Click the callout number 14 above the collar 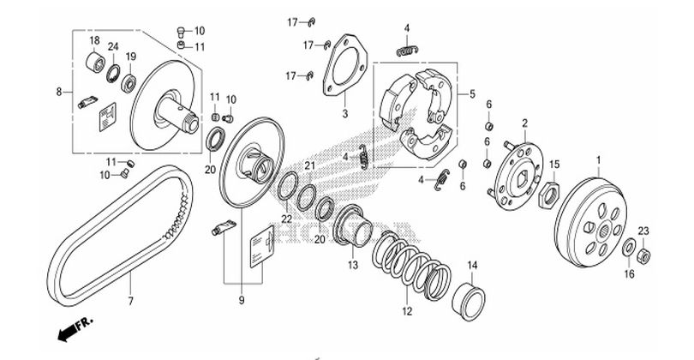[x=470, y=264]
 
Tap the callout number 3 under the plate [x=344, y=112]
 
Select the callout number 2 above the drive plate [x=523, y=124]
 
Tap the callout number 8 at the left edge [x=59, y=90]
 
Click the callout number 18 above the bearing [x=93, y=40]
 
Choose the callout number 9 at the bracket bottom [x=242, y=299]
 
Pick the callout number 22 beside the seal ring [x=286, y=219]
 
